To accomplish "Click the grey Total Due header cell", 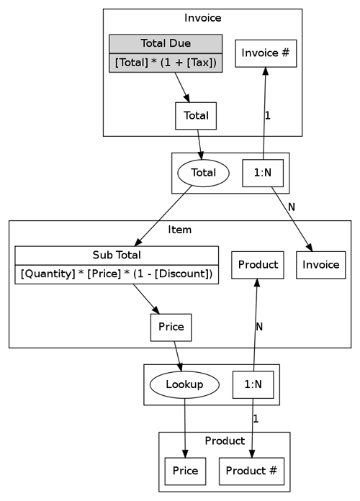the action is [166, 44].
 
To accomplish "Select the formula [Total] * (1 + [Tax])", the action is [166, 63].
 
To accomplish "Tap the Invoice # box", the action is [266, 53].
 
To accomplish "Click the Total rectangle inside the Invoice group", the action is [196, 116].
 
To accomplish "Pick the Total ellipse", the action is [203, 173].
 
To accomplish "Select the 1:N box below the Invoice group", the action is [263, 173].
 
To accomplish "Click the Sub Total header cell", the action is [117, 256].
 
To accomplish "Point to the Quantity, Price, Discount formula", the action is [117, 274].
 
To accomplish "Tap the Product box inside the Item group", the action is [258, 265].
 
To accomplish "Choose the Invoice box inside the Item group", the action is [320, 265].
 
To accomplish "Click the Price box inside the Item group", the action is [171, 328].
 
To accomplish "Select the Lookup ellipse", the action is [184, 384].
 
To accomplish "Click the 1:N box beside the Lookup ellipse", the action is [253, 384].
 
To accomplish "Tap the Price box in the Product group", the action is [185, 471].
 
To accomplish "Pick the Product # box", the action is [251, 471].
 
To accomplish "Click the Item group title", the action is [180, 230].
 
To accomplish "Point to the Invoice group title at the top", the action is [203, 18].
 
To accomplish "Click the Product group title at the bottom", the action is [225, 441].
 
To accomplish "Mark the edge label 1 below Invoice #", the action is [268, 116].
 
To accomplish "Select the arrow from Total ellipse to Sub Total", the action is [163, 216].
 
